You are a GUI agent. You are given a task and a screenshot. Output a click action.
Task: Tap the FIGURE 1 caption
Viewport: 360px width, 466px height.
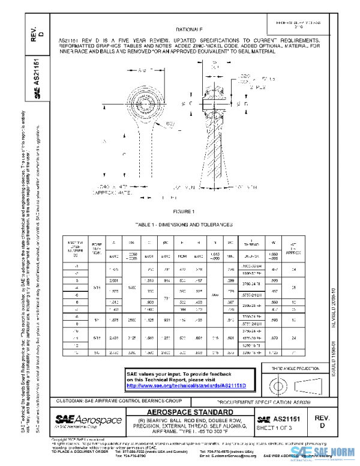tap(185, 212)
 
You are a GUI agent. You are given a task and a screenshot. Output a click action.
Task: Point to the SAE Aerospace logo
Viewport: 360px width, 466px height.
tap(88, 419)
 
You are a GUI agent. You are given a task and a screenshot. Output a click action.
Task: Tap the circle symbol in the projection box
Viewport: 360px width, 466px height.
tap(280, 383)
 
